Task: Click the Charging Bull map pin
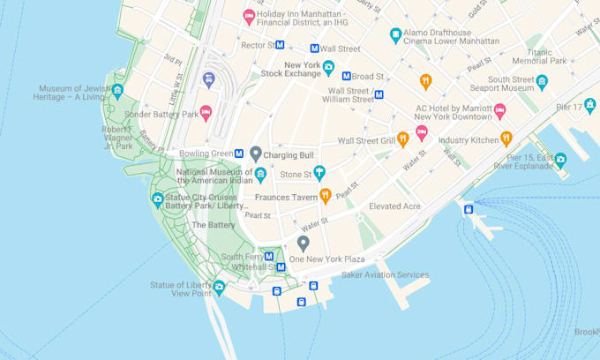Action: (256, 154)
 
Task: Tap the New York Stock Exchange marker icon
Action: (328, 67)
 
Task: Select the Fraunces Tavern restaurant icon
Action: (325, 196)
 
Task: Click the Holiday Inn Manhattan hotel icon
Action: (250, 17)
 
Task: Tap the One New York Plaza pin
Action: (303, 243)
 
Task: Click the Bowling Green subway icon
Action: (239, 154)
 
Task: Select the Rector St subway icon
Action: (280, 45)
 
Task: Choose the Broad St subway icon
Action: (347, 77)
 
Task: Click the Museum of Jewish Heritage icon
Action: (116, 91)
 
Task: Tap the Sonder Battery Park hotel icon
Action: (206, 113)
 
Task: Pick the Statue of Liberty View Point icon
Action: (219, 287)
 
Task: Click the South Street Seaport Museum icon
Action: (542, 82)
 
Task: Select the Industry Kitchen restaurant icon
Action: (506, 139)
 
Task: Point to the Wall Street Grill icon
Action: (403, 139)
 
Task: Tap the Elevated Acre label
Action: (394, 206)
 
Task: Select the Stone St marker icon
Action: (319, 173)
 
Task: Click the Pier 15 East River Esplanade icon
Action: (559, 160)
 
